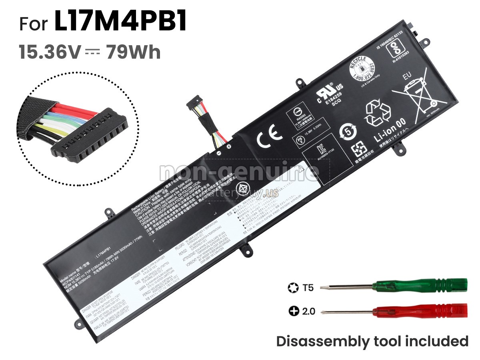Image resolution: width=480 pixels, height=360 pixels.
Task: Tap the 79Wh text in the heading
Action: click(x=133, y=52)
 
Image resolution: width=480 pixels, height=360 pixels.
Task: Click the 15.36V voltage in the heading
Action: click(x=50, y=52)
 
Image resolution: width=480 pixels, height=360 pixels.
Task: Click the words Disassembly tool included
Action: click(x=372, y=341)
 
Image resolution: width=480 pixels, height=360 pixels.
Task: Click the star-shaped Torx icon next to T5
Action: click(x=292, y=287)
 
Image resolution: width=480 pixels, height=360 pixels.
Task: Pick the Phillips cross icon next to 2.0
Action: click(x=294, y=310)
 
